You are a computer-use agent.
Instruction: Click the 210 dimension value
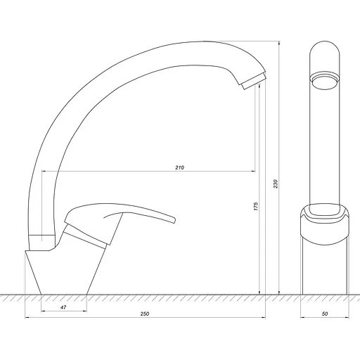pos(179,167)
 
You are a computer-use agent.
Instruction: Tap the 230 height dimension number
pos(276,184)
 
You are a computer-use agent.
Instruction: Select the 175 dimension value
pos(256,206)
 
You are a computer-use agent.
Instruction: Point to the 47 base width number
pos(63,307)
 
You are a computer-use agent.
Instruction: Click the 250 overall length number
pos(145,314)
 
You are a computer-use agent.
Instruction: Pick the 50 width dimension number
pos(325,314)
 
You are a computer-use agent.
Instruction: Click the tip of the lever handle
pos(174,220)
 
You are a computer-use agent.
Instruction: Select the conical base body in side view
pos(65,272)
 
